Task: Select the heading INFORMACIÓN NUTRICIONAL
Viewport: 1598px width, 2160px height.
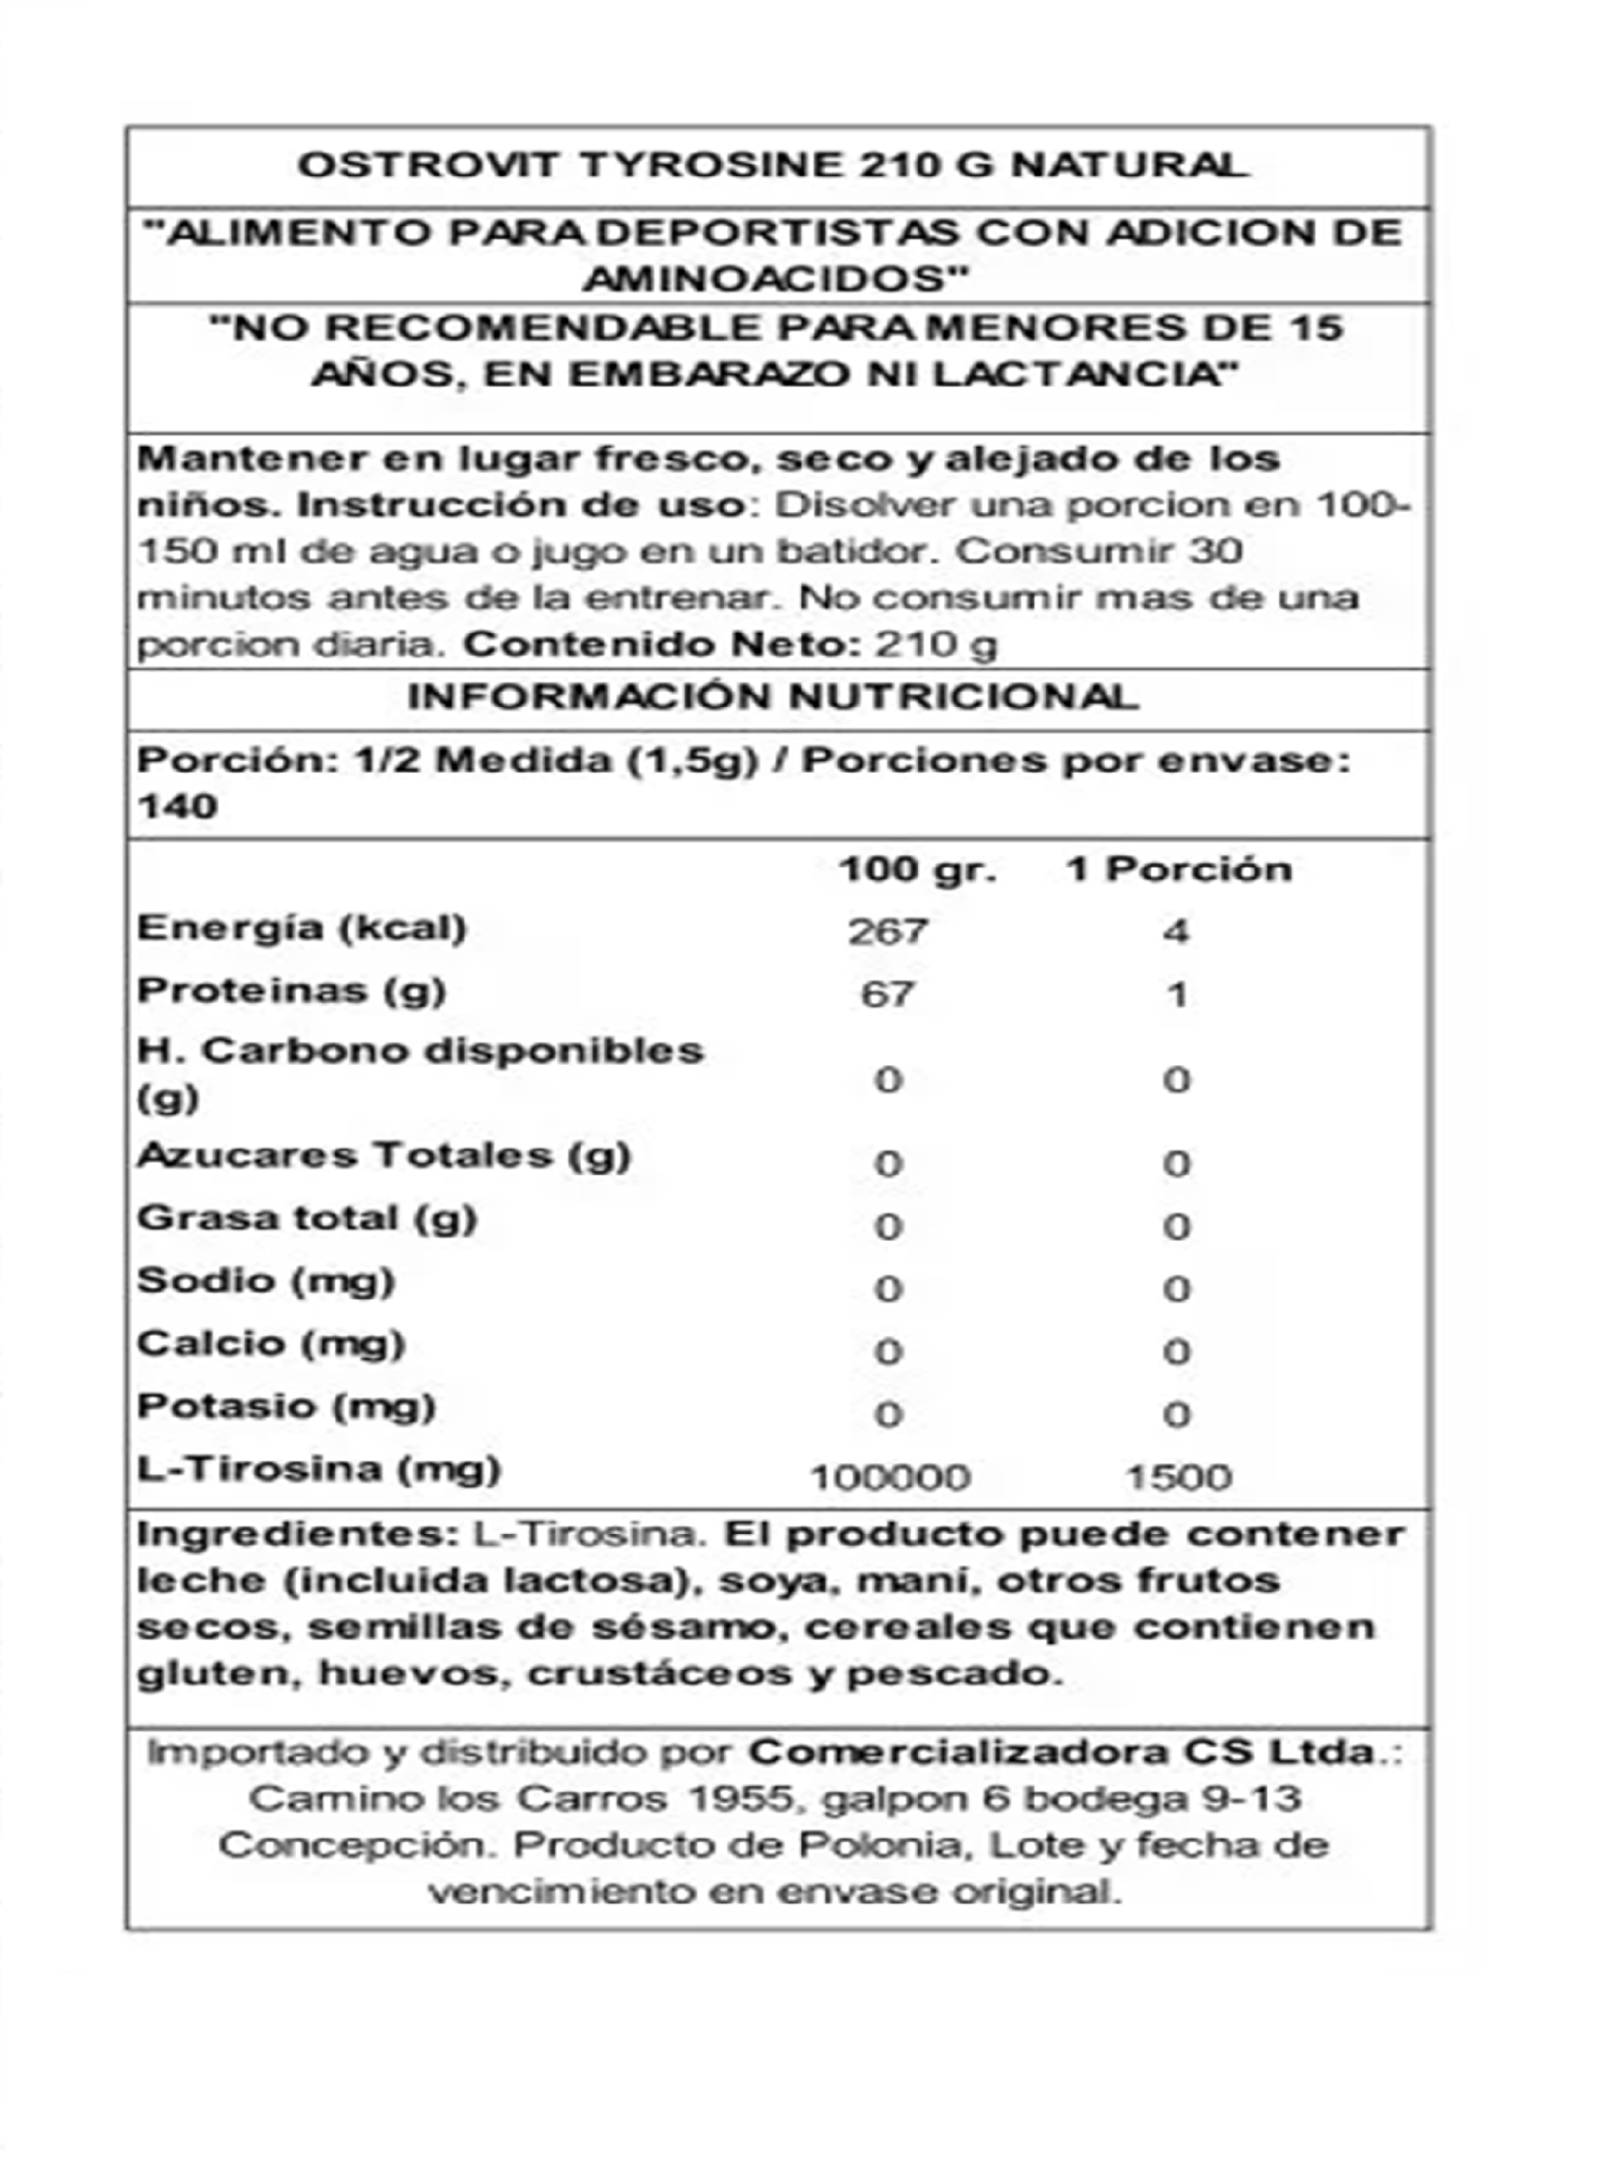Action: click(x=773, y=698)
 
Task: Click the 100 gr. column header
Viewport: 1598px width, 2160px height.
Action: click(x=916, y=869)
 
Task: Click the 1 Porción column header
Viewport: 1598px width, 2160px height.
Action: click(x=1178, y=869)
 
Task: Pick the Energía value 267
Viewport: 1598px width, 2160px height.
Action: click(x=888, y=931)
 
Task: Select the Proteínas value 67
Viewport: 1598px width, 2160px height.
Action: click(x=888, y=995)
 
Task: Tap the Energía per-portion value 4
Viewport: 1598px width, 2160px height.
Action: click(x=1176, y=931)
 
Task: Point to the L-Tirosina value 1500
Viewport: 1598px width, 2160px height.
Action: click(x=1178, y=1477)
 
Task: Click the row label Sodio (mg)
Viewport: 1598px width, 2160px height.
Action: click(x=266, y=1281)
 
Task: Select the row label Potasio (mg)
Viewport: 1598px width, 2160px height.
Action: click(x=286, y=1407)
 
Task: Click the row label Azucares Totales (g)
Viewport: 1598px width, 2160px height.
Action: click(x=383, y=1155)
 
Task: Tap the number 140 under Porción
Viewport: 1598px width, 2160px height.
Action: click(x=177, y=806)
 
